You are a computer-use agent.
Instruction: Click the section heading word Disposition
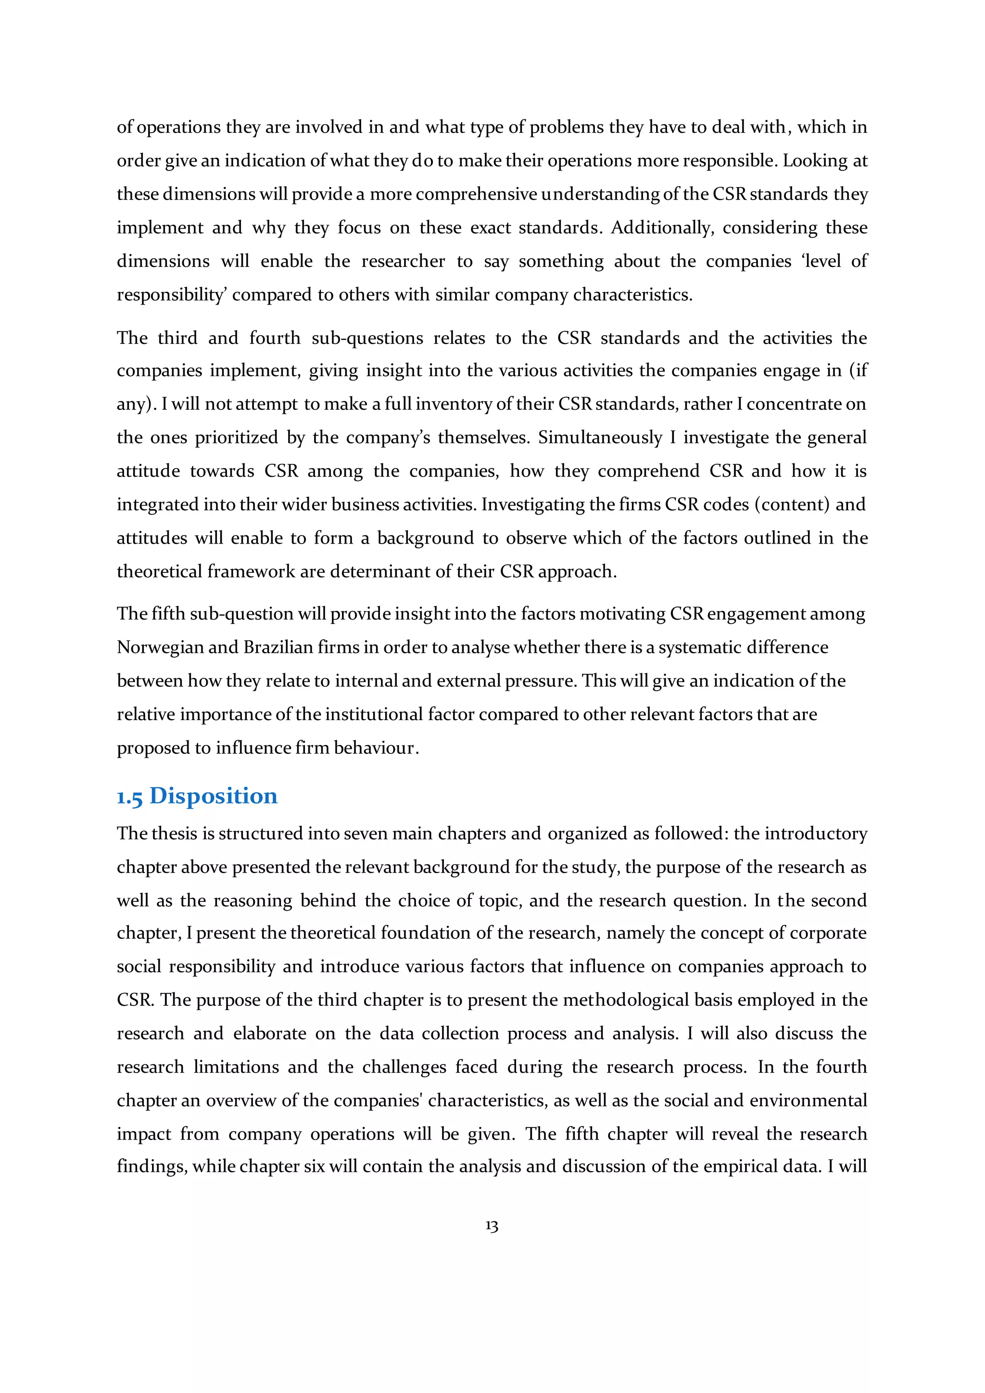coord(213,796)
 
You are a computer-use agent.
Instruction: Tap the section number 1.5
coord(129,797)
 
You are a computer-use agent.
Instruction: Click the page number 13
coord(492,1226)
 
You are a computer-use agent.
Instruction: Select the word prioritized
coord(236,437)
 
